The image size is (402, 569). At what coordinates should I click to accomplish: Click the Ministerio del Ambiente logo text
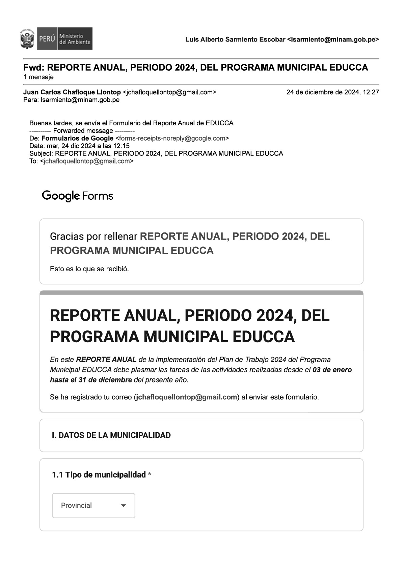click(75, 39)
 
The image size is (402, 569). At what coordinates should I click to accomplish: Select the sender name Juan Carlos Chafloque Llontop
click(72, 92)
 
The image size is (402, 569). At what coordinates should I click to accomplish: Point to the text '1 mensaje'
click(38, 77)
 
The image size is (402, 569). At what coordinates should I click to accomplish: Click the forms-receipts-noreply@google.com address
click(172, 138)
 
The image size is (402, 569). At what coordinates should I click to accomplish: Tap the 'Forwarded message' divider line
click(82, 131)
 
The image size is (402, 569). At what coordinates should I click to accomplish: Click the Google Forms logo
click(77, 196)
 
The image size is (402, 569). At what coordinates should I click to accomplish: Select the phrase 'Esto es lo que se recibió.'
click(89, 269)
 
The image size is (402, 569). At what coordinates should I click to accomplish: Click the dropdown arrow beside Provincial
click(124, 505)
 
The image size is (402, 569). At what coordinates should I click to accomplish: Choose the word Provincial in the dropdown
click(76, 505)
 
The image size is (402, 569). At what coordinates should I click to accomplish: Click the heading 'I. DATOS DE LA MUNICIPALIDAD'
click(111, 435)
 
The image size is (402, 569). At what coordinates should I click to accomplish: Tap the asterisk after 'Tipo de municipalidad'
click(150, 475)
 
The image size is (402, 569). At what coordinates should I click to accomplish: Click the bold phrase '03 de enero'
click(332, 370)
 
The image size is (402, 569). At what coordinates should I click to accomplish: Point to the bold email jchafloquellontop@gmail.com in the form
click(186, 397)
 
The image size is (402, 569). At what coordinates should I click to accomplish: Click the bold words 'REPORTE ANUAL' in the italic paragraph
click(106, 360)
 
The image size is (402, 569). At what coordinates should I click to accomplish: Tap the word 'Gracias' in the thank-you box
click(66, 237)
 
